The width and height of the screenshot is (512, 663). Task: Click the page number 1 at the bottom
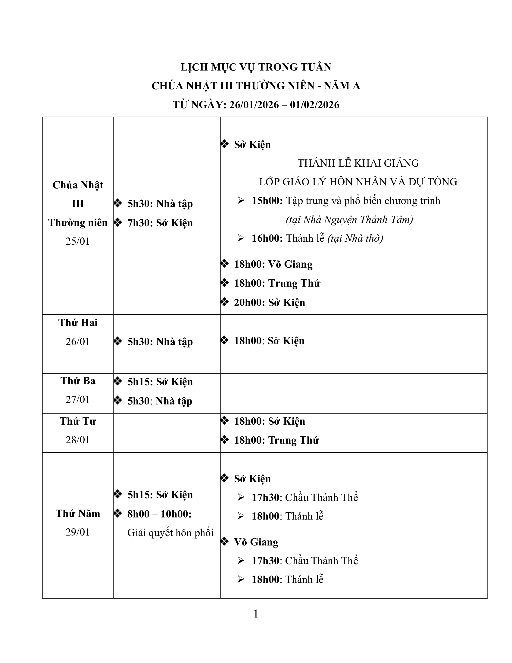tap(256, 614)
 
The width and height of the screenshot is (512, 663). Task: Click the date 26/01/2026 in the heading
tap(254, 105)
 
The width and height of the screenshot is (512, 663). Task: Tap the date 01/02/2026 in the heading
tap(314, 105)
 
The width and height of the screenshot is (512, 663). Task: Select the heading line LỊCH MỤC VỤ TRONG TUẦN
tap(256, 67)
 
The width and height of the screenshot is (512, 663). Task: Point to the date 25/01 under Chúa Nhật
tap(78, 241)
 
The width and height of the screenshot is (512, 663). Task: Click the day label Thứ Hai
tap(78, 322)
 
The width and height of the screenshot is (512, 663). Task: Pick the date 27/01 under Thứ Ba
tap(78, 400)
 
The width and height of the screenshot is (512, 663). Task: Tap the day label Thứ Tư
tap(78, 421)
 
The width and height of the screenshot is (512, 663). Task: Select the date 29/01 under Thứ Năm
tap(78, 532)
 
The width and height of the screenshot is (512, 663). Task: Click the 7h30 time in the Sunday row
tap(139, 223)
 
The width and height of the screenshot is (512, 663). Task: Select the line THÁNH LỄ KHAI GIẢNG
tap(358, 163)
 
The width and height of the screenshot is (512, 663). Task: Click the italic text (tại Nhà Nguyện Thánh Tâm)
tap(349, 219)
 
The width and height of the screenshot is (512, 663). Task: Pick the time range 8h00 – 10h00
tap(159, 514)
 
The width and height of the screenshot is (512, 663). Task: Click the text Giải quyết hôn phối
tap(170, 533)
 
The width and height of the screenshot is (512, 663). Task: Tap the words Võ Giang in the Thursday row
tap(256, 542)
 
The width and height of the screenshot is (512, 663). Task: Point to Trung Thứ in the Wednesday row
tap(293, 440)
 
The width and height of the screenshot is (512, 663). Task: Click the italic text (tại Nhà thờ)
tap(355, 238)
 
